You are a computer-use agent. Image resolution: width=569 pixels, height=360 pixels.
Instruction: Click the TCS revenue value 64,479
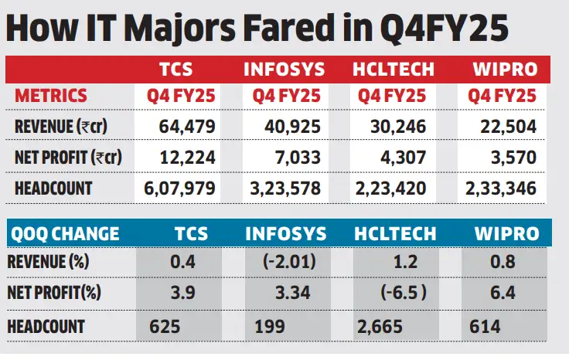point(187,127)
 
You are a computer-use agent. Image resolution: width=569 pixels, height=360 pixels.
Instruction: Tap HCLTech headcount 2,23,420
point(391,188)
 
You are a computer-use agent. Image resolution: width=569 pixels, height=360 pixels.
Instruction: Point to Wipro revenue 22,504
point(509,127)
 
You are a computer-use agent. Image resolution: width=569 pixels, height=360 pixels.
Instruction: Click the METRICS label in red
point(51,95)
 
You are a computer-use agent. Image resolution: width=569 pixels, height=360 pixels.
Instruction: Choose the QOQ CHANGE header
point(65,234)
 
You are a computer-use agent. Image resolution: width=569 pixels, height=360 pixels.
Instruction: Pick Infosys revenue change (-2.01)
point(289,261)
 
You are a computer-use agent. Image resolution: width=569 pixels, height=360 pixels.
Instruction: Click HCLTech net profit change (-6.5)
point(404,292)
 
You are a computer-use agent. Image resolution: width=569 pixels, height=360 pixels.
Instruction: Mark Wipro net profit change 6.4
point(503,293)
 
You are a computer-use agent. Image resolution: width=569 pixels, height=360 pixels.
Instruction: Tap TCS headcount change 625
point(165,326)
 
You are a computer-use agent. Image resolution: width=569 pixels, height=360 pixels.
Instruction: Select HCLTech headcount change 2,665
point(380,326)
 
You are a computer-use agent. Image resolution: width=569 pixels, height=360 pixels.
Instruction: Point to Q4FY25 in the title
point(445,29)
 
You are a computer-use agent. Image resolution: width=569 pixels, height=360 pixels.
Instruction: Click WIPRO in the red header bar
point(505,70)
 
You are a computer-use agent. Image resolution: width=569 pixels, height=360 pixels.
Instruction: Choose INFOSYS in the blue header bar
point(286,234)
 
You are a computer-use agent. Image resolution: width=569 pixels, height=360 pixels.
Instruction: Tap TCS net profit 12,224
point(188,158)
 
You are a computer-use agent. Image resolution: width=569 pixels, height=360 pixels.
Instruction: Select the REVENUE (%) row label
point(48,261)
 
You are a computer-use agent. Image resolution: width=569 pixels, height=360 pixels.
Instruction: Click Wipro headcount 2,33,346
point(501,188)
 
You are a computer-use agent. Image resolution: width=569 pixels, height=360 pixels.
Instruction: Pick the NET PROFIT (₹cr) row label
point(68,158)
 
